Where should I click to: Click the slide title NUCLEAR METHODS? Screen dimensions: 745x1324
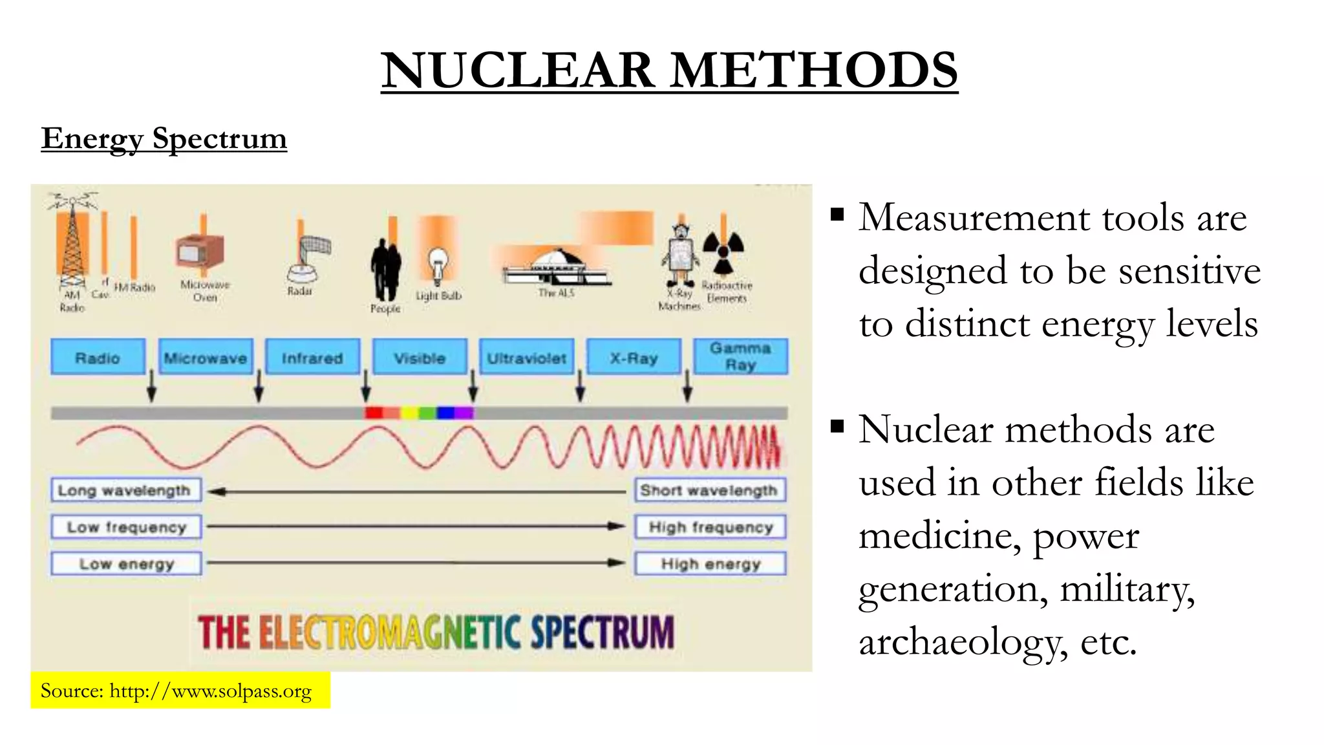point(669,70)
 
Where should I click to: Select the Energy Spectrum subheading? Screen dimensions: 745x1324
point(164,138)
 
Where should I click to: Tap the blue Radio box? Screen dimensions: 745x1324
point(98,357)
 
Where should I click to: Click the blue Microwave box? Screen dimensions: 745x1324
point(206,357)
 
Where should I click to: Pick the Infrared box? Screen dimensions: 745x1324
point(312,357)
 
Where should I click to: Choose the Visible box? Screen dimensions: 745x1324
point(420,357)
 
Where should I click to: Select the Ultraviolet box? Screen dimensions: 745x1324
point(526,357)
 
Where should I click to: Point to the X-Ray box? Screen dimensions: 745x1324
point(634,357)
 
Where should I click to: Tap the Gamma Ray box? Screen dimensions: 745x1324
point(740,356)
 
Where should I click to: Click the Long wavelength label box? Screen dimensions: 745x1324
point(125,490)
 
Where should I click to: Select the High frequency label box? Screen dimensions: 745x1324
point(710,527)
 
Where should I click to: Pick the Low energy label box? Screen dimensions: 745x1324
point(126,564)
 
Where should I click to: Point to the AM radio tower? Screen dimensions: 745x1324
point(72,246)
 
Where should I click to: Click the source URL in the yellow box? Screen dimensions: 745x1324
point(210,691)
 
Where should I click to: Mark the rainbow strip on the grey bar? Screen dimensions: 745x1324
point(419,413)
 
